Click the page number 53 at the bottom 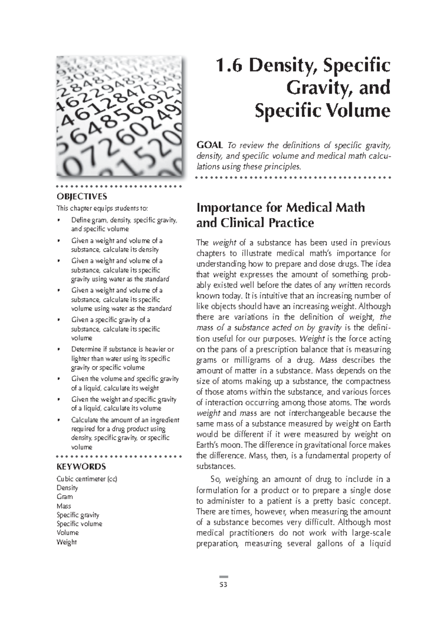point(223,584)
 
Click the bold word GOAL point(209,145)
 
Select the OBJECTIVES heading point(82,196)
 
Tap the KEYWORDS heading point(81,467)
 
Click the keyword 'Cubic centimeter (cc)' point(86,479)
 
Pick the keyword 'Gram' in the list point(64,497)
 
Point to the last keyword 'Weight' point(66,542)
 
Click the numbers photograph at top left point(120,116)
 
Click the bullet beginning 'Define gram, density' point(124,225)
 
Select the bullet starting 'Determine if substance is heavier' point(123,358)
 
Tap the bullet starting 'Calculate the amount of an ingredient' point(125,433)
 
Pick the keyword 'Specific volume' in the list point(79,524)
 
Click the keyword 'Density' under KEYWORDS point(67,488)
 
